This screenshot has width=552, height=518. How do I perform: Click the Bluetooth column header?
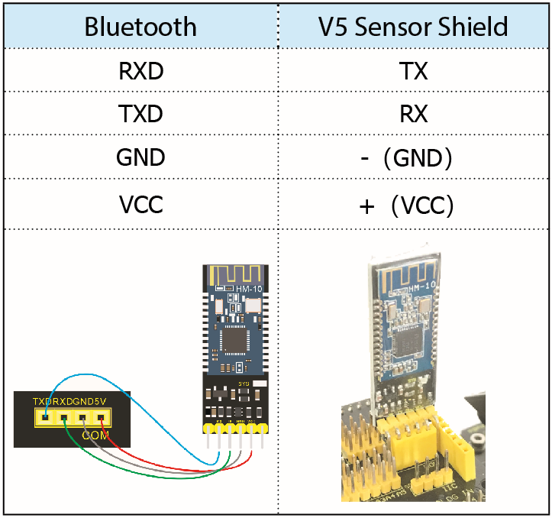click(x=140, y=27)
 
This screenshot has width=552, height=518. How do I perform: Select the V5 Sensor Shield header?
click(x=413, y=27)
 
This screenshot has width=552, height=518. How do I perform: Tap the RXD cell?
click(x=140, y=72)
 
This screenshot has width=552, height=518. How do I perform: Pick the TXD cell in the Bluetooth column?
click(x=140, y=114)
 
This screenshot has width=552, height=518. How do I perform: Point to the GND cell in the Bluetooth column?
click(x=140, y=157)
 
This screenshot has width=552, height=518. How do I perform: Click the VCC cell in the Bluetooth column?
click(x=140, y=205)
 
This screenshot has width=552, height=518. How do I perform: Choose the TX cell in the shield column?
click(x=413, y=72)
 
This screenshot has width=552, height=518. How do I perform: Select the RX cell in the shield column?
click(x=413, y=114)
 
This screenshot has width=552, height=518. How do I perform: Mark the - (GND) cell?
click(x=413, y=157)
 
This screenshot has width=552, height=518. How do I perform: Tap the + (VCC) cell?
click(x=413, y=205)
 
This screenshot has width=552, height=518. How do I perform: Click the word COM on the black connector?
click(x=97, y=435)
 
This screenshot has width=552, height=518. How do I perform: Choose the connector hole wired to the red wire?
click(x=100, y=417)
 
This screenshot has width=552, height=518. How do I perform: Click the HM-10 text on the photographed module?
click(x=422, y=287)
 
